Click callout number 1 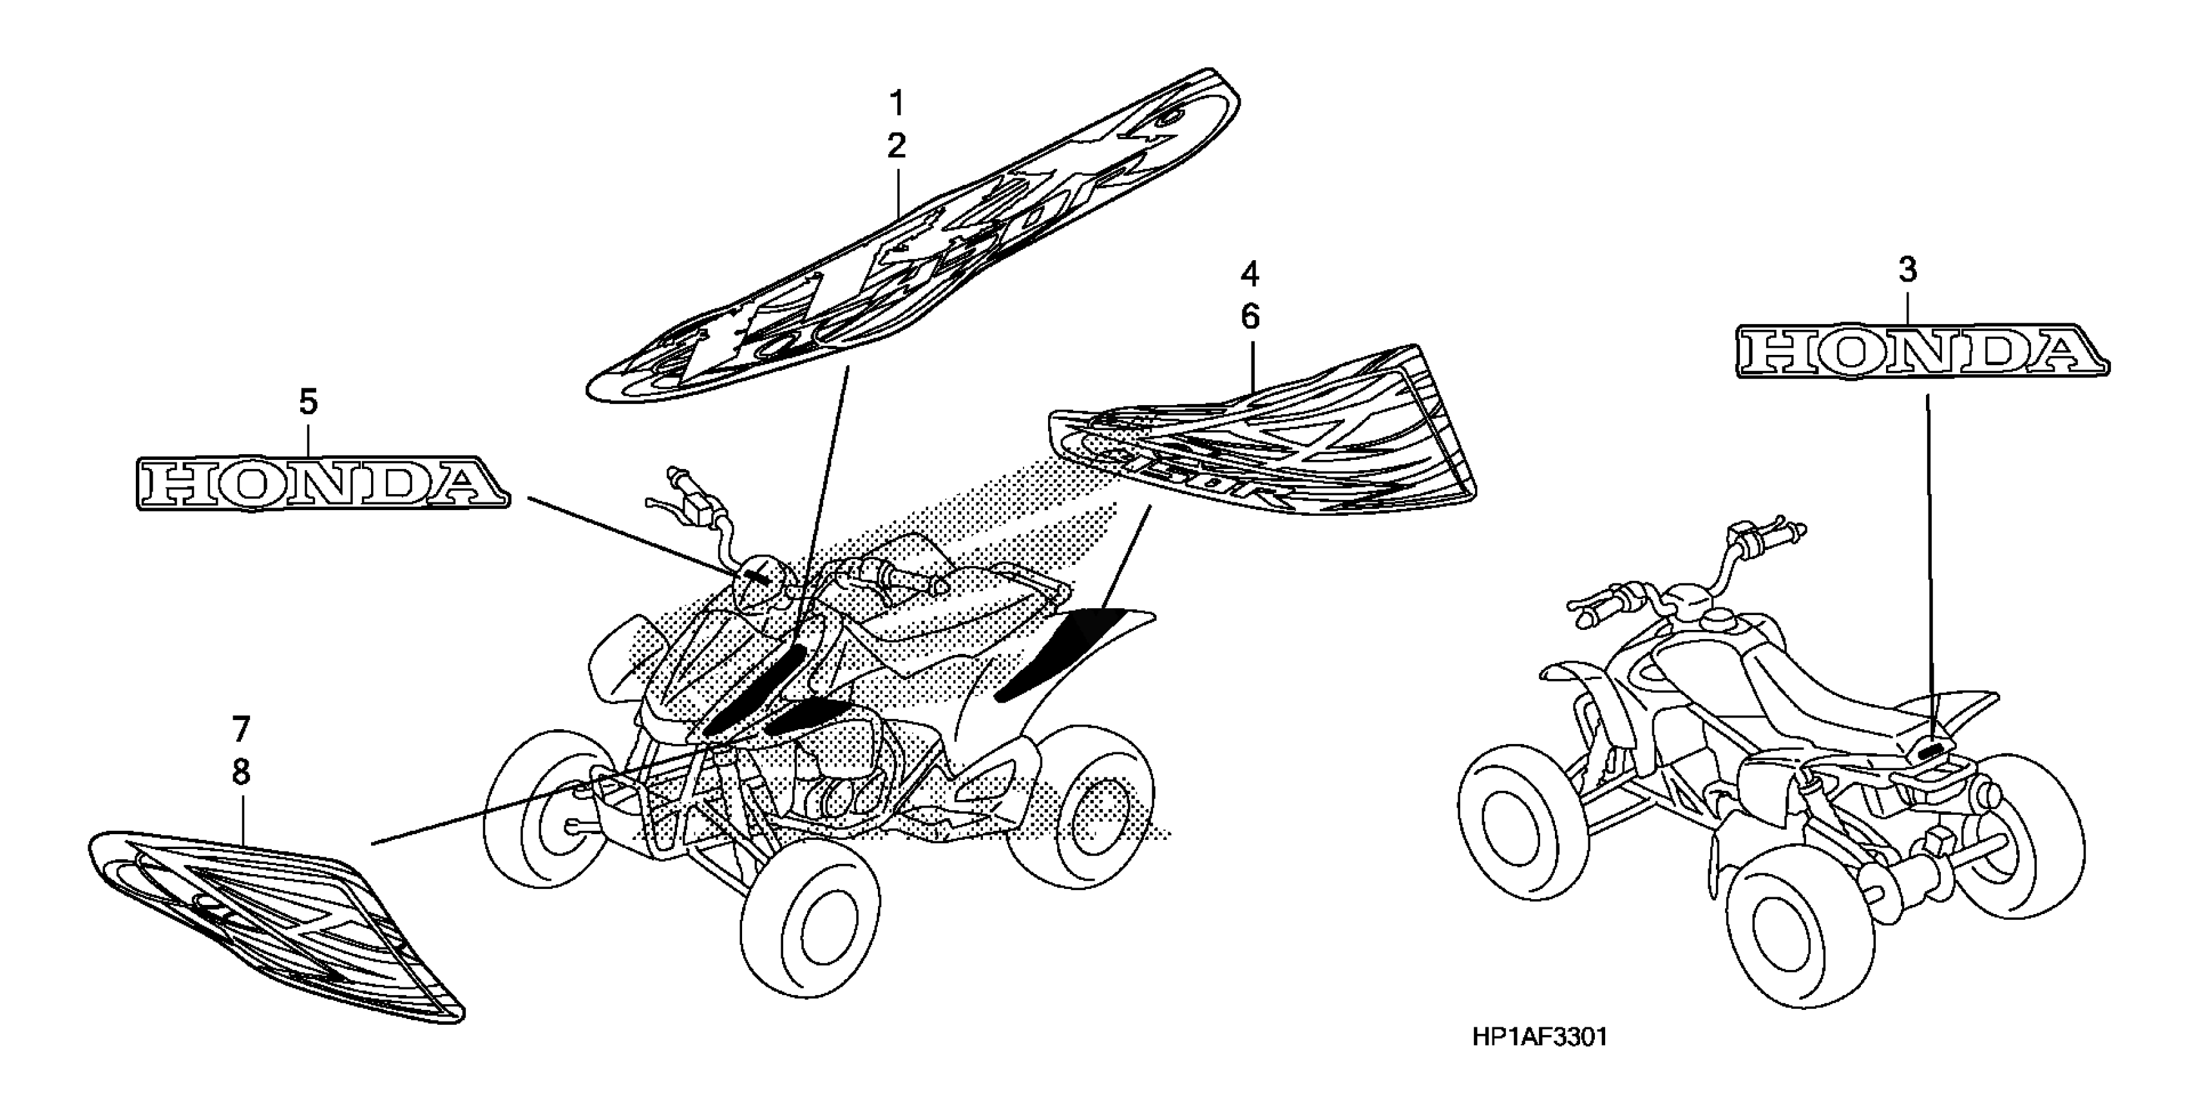pyautogui.click(x=896, y=104)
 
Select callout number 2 pyautogui.click(x=896, y=146)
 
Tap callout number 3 pyautogui.click(x=1908, y=271)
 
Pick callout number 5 pyautogui.click(x=308, y=401)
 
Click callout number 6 pyautogui.click(x=1249, y=318)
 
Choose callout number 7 pyautogui.click(x=241, y=729)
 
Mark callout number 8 pyautogui.click(x=241, y=772)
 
